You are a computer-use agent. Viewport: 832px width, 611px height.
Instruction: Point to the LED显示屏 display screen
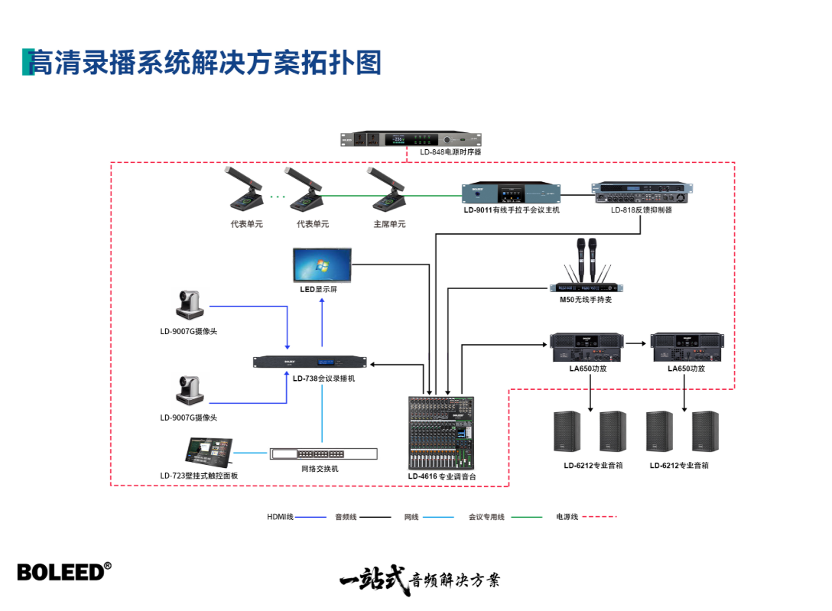tap(322, 265)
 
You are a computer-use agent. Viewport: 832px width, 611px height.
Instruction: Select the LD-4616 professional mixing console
tap(441, 432)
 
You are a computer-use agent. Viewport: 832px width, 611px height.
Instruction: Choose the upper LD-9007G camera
tap(188, 304)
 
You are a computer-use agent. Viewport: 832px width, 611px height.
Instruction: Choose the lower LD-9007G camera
tap(188, 389)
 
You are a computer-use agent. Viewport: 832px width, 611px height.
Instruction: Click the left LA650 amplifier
tap(588, 348)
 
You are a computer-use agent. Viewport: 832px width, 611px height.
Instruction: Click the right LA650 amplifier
tap(686, 348)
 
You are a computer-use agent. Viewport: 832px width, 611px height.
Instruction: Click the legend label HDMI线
tap(280, 518)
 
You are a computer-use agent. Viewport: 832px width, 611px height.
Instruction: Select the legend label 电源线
tap(567, 518)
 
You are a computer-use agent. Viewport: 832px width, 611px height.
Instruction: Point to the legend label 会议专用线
tap(486, 518)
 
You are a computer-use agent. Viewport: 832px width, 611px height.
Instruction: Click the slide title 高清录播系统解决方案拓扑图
tap(205, 63)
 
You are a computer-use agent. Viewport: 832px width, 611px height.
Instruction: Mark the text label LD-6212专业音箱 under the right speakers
tap(679, 465)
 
